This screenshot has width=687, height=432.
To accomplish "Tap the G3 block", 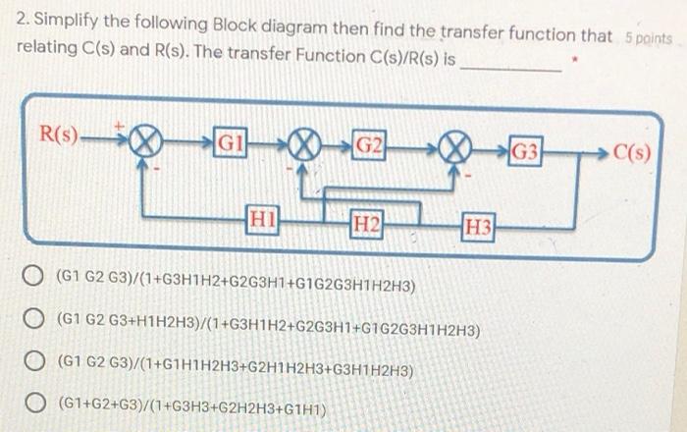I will tap(524, 152).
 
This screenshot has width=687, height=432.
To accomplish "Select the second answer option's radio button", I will tap(34, 319).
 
